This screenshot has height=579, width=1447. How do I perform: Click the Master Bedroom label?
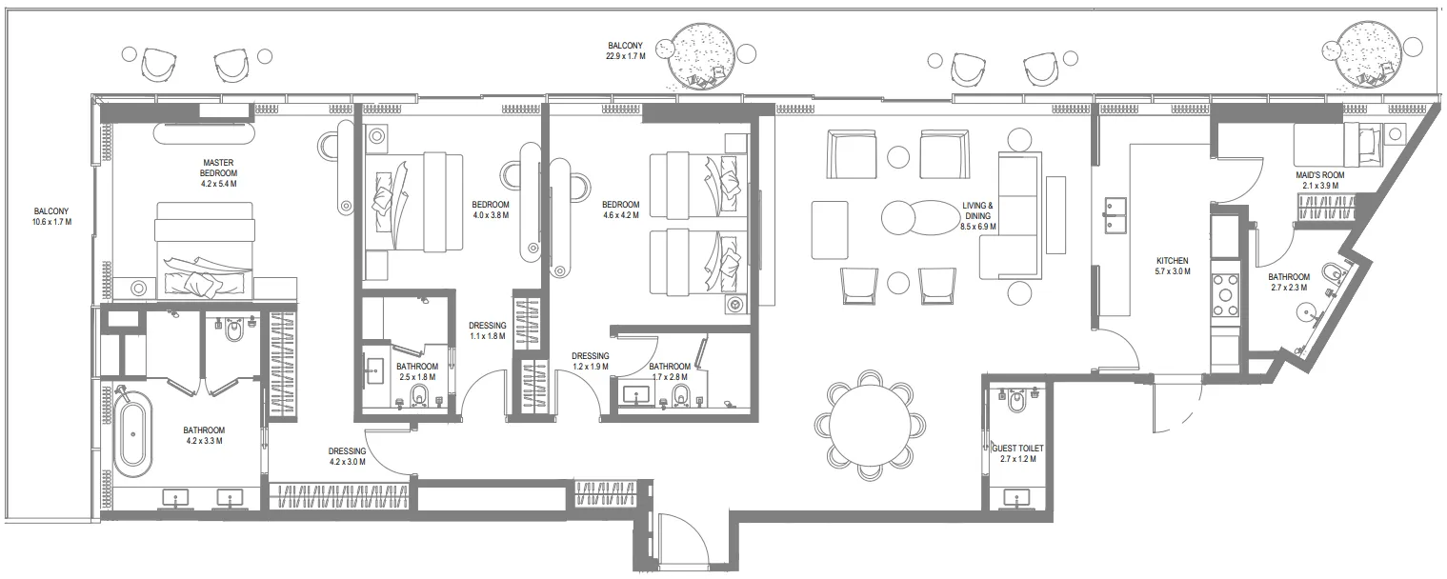[x=218, y=173]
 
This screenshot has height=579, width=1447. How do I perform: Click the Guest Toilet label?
[x=1014, y=452]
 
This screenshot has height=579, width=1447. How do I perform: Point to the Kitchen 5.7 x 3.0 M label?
[x=1172, y=267]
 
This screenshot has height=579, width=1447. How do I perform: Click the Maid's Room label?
[x=1318, y=180]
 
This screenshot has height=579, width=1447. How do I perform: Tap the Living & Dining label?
[x=976, y=216]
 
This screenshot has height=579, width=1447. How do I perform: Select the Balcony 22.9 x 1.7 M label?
[x=625, y=50]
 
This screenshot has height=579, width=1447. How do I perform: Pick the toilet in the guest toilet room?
[x=1017, y=404]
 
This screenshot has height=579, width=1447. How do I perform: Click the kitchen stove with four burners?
[x=1224, y=295]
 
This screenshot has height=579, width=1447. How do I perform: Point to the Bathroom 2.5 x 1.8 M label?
[x=416, y=371]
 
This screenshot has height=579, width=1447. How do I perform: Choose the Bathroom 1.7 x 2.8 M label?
[x=670, y=371]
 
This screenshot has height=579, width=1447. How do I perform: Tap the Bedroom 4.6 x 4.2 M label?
[x=620, y=210]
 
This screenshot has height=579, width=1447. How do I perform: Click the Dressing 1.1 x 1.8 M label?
[x=487, y=330]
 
